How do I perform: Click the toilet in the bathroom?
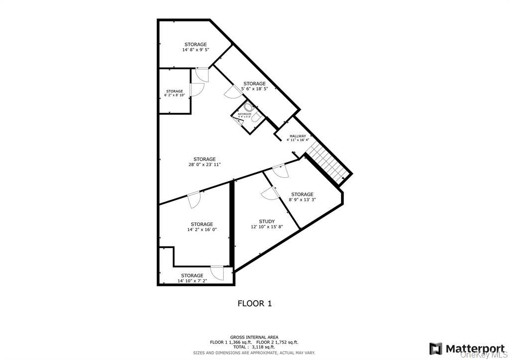click(x=249, y=107)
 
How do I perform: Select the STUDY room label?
click(x=266, y=222)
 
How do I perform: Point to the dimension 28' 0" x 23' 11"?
click(x=205, y=164)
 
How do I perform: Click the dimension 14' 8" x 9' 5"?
click(x=195, y=50)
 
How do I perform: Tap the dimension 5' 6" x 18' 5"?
click(x=254, y=89)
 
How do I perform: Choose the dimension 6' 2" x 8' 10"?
click(x=174, y=95)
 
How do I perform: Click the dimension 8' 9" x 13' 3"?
click(x=302, y=200)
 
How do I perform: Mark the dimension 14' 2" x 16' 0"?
click(x=202, y=230)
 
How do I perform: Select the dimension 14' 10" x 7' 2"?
click(x=192, y=281)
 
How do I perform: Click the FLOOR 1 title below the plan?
click(x=255, y=303)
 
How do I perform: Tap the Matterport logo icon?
click(x=436, y=348)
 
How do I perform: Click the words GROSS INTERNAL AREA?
click(x=254, y=337)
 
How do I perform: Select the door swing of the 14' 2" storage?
click(x=194, y=200)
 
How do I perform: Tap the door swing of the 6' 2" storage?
click(x=197, y=90)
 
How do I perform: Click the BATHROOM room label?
click(x=244, y=114)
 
